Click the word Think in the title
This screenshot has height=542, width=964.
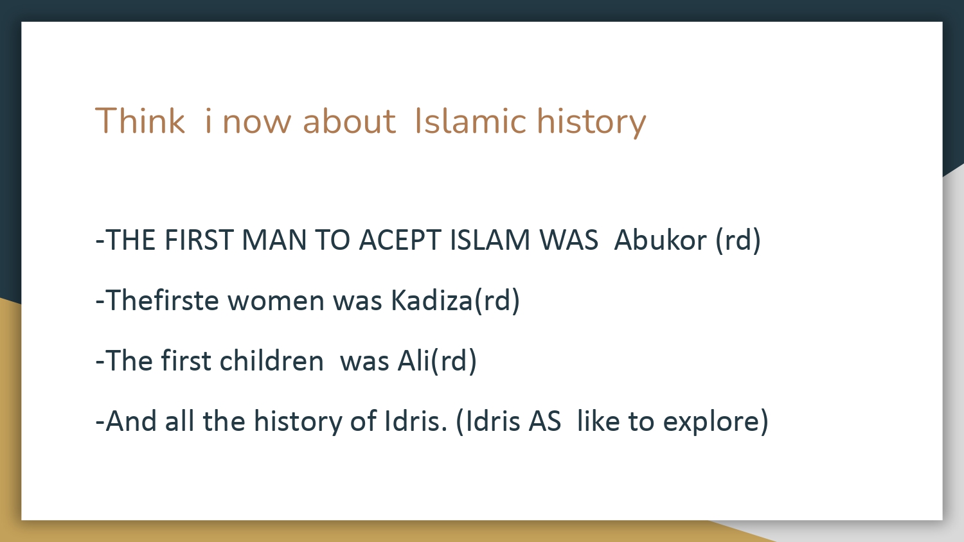click(140, 121)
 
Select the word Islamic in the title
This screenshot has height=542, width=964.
click(470, 121)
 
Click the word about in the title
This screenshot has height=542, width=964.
click(349, 121)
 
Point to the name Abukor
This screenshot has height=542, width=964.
click(660, 240)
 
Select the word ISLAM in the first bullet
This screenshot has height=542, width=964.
click(490, 240)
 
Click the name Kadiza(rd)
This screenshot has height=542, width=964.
click(455, 301)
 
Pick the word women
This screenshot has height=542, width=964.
click(276, 301)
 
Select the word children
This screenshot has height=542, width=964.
click(272, 360)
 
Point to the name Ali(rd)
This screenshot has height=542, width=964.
click(437, 360)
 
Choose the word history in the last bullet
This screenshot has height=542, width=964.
click(298, 421)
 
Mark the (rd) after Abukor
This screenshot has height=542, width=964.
click(738, 240)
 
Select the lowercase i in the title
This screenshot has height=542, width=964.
click(208, 121)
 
